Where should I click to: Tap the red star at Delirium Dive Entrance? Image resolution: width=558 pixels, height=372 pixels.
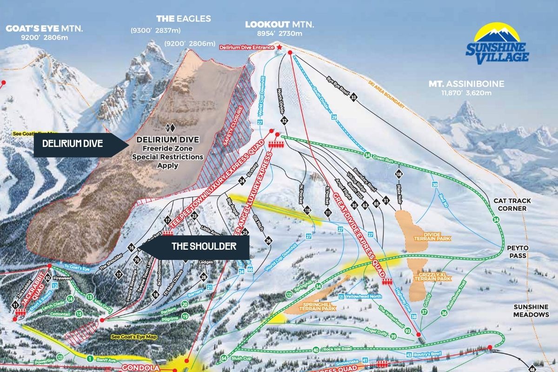point(279,47)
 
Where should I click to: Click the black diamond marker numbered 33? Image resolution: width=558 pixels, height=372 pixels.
point(353,97)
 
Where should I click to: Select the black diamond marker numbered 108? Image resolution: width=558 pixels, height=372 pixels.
point(399,174)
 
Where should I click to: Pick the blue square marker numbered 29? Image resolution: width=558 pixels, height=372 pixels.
point(333,117)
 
